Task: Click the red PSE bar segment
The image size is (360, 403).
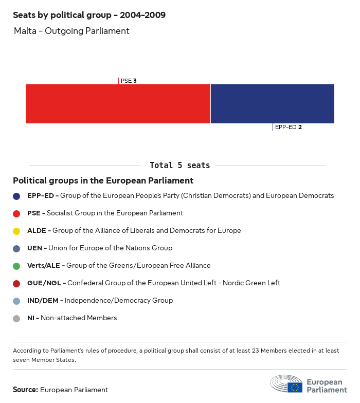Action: tap(118, 104)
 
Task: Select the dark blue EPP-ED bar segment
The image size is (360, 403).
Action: tap(272, 104)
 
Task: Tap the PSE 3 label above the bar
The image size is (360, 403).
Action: tap(128, 81)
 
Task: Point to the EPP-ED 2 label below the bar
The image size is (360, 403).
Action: tap(288, 127)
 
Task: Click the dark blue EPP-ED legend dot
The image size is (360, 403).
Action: tap(16, 196)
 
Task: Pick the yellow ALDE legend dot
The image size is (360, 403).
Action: tap(16, 231)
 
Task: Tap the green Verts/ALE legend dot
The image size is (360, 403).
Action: tap(16, 266)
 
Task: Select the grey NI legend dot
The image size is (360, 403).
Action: tap(16, 318)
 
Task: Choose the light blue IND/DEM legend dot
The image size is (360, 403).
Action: tap(16, 301)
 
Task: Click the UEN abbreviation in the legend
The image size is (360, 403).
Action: tap(35, 248)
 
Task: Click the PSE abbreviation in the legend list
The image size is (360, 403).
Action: tap(34, 213)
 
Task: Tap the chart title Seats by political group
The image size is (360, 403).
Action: tap(89, 15)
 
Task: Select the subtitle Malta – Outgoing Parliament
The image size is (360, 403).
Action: tap(71, 31)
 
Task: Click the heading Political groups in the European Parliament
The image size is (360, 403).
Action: tap(103, 181)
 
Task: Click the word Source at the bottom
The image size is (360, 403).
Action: tap(25, 390)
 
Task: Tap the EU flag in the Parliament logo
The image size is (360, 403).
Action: tap(295, 387)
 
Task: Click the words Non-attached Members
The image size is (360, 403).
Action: tap(79, 318)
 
